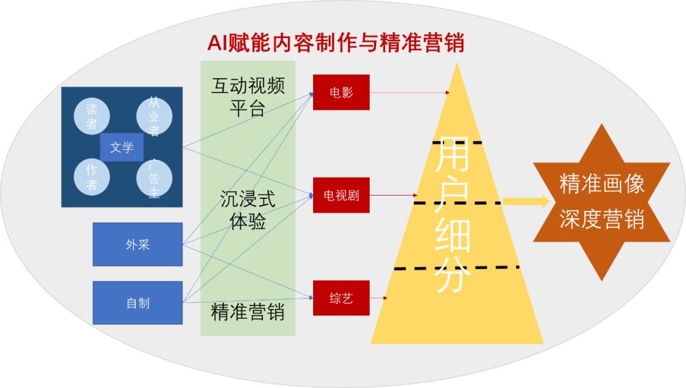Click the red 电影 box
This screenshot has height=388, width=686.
coord(341,92)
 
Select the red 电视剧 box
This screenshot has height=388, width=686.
coord(341,195)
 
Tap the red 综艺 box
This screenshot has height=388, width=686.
coord(341,298)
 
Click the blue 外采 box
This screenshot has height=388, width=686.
coord(137,244)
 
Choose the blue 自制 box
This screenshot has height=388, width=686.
coord(137,303)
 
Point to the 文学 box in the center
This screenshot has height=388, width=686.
coord(121,147)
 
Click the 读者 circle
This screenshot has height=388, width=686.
coord(91,116)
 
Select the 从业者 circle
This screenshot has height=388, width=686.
coord(154,116)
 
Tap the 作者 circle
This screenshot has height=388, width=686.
coord(91,177)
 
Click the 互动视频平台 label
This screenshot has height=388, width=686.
coord(248,97)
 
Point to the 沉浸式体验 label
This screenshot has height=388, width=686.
coord(248,210)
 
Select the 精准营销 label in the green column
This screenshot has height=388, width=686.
coord(248,312)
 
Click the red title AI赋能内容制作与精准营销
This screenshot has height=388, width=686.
coord(335,43)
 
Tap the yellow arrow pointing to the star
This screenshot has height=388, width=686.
coord(525,201)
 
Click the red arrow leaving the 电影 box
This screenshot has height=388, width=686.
coord(410,93)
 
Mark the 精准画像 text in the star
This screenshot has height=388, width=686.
coord(602,184)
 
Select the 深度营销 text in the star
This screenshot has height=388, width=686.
coord(602,218)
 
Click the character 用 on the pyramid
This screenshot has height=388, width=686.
coord(452,154)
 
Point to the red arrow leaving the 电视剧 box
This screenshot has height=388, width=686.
coord(393,195)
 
